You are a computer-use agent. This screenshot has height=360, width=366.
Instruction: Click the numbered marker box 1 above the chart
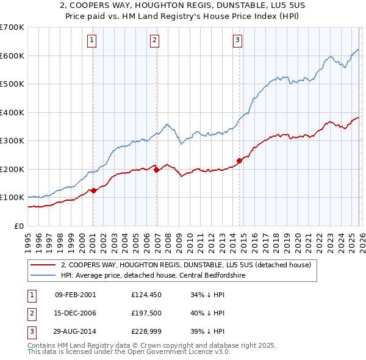(x=91, y=41)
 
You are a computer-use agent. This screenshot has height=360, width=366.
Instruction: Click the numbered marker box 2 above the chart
(x=155, y=41)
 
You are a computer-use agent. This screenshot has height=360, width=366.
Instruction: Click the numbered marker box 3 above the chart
(x=237, y=41)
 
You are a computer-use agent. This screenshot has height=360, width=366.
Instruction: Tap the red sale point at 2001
(x=93, y=191)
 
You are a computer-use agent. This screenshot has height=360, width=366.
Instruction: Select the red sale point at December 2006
(x=157, y=170)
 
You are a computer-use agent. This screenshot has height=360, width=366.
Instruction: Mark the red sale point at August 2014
(x=240, y=161)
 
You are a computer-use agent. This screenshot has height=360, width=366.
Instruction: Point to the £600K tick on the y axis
(x=12, y=56)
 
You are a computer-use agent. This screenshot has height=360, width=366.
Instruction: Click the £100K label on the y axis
(x=12, y=198)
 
